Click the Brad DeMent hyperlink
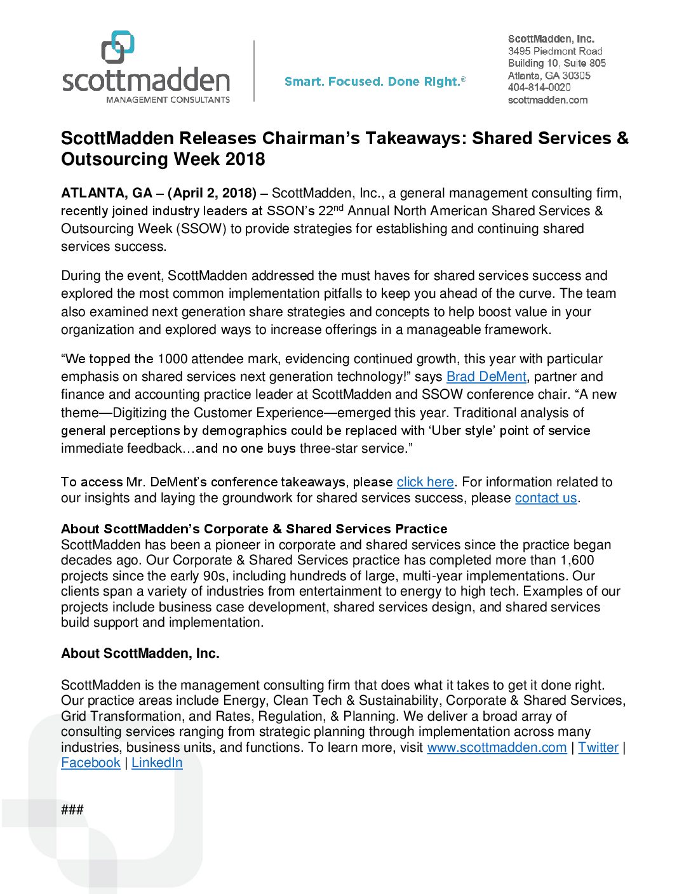pos(486,377)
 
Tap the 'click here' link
pos(425,482)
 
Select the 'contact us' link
pos(546,498)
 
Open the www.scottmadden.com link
pos(497,747)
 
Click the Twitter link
pos(598,747)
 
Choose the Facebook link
pos(91,763)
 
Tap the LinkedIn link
pos(157,763)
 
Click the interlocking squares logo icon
pos(118,47)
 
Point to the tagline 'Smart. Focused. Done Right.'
pos(375,81)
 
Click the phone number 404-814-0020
pos(539,88)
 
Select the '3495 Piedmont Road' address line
pos(555,51)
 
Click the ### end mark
pos(72,810)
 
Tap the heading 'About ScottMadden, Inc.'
pos(140,653)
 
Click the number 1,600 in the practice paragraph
pos(577,560)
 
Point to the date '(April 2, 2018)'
pos(212,193)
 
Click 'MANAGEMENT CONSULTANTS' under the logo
pos(168,100)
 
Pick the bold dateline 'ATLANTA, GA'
pos(107,193)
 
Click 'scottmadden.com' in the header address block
pos(547,100)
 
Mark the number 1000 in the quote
pos(173,359)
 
